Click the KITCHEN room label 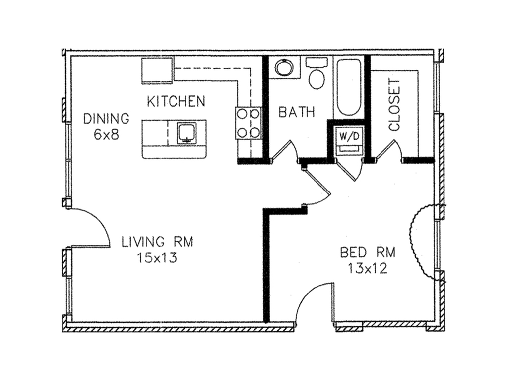176,101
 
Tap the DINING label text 106,119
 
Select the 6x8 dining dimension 106,135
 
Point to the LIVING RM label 157,242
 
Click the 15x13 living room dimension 157,258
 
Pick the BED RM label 368,252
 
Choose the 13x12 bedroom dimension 368,268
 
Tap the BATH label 297,112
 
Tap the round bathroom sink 284,67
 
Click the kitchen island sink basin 187,133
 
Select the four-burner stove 248,123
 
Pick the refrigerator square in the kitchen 157,70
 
